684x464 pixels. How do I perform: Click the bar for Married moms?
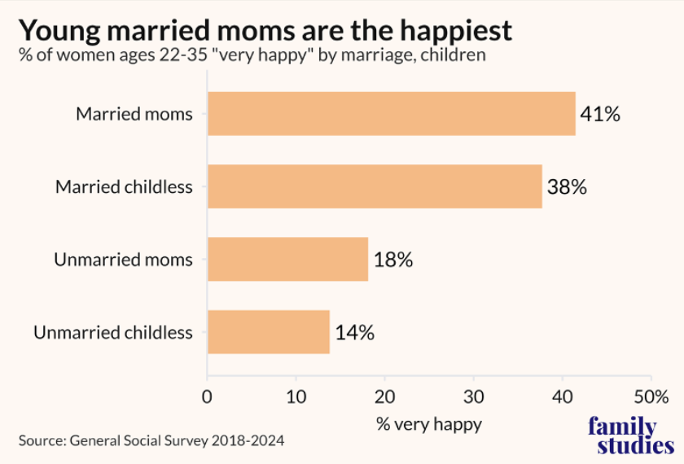(391, 113)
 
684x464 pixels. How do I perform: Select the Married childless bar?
(375, 186)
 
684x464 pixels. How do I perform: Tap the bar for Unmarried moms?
(287, 260)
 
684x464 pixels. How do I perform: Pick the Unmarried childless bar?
(269, 332)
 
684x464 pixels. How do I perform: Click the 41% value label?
(600, 114)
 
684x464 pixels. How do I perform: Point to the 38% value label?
(567, 187)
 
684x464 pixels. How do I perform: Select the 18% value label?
(393, 260)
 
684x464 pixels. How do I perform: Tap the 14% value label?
(354, 333)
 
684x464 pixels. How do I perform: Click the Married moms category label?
(134, 114)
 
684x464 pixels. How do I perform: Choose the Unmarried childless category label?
(113, 333)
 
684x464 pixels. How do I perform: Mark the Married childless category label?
(124, 187)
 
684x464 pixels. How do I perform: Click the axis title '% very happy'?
(429, 424)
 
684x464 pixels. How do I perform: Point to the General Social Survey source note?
(152, 441)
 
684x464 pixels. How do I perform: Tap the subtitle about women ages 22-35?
(252, 56)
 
